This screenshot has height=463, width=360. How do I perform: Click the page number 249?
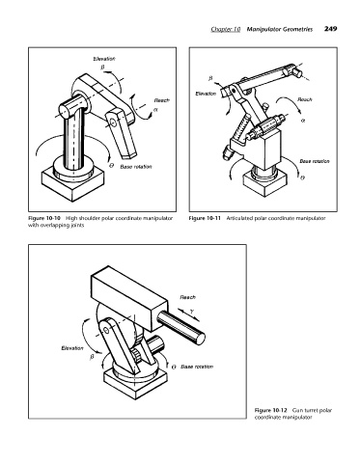[x=331, y=29]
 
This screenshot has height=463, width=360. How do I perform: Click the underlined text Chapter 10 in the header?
[x=226, y=29]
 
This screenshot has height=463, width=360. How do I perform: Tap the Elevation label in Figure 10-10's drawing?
[x=104, y=59]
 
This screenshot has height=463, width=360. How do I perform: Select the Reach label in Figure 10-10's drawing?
[x=161, y=100]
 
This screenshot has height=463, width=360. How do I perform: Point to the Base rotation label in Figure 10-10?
[x=136, y=167]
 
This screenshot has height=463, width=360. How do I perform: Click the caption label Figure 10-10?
[x=44, y=218]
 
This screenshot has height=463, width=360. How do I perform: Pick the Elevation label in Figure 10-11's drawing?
[x=206, y=94]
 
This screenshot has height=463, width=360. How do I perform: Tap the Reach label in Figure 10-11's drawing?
[x=305, y=99]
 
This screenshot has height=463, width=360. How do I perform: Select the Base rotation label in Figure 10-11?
[x=315, y=161]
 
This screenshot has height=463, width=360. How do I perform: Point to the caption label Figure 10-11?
[x=205, y=218]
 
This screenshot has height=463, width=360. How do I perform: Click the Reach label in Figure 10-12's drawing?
[x=187, y=297]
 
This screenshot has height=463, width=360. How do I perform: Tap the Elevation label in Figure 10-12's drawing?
[x=72, y=348]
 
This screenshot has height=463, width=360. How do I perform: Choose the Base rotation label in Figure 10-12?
[x=197, y=367]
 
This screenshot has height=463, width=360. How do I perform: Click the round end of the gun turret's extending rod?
[x=201, y=339]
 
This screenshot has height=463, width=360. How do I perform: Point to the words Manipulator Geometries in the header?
[x=280, y=29]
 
